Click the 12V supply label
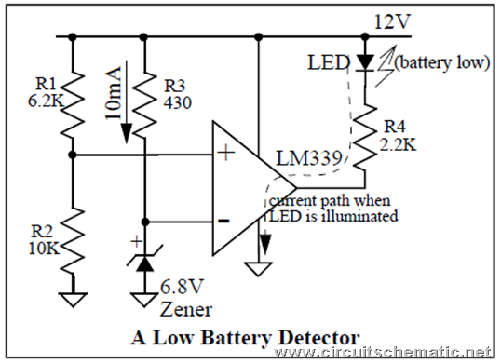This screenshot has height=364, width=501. (x=392, y=22)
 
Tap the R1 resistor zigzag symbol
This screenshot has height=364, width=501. (x=73, y=103)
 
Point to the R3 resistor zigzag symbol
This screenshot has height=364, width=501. (x=144, y=103)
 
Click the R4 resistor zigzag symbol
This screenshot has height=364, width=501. (x=365, y=136)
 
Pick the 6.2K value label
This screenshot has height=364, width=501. (x=46, y=101)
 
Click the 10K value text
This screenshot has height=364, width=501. (x=44, y=248)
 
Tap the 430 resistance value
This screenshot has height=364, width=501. (x=178, y=102)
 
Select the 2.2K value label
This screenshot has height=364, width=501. (x=398, y=144)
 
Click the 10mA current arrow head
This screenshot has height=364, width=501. (x=127, y=133)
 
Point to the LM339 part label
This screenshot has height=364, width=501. (x=308, y=158)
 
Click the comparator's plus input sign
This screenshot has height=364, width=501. (x=226, y=153)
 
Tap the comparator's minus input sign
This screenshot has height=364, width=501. (x=223, y=221)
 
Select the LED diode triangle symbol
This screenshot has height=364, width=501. (x=365, y=62)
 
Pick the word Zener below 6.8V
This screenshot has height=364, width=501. (x=186, y=309)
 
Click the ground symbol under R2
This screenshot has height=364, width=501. (x=74, y=300)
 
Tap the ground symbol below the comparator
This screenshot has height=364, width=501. (x=259, y=269)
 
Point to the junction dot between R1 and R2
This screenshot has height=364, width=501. (x=73, y=155)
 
